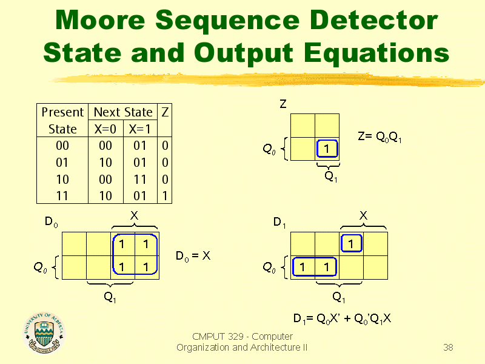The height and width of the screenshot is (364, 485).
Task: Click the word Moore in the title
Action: coord(100,20)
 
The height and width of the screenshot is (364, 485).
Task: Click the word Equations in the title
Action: coord(376,53)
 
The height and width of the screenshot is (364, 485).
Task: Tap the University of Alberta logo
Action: coord(44,332)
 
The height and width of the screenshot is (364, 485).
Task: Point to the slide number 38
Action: coord(448,347)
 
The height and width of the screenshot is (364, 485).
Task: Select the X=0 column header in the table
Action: coord(105,129)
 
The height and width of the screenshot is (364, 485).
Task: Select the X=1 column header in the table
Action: coord(139,129)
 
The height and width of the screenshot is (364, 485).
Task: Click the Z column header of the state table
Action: coord(165,112)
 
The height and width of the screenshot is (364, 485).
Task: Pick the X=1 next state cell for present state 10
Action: coord(140,180)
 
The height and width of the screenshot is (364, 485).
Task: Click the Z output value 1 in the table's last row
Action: coord(165,196)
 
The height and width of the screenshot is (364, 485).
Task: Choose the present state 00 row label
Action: coord(62,146)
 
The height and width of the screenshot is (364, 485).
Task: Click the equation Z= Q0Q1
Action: coord(380,136)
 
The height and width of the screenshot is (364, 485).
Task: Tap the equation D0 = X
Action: coord(193,256)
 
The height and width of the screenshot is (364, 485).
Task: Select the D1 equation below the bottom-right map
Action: coord(342,318)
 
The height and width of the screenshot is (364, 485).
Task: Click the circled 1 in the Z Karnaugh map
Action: coord(327,149)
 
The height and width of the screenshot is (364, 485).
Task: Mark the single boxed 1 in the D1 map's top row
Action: coord(351,243)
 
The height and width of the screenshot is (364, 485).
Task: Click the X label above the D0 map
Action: coord(134,215)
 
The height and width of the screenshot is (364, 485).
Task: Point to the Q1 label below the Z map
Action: coord(330,177)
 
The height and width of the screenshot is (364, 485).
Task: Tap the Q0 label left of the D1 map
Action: coord(269,268)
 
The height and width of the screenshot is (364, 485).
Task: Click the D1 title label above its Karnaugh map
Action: coord(279,222)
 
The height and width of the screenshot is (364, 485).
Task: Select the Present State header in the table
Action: coord(62,120)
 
